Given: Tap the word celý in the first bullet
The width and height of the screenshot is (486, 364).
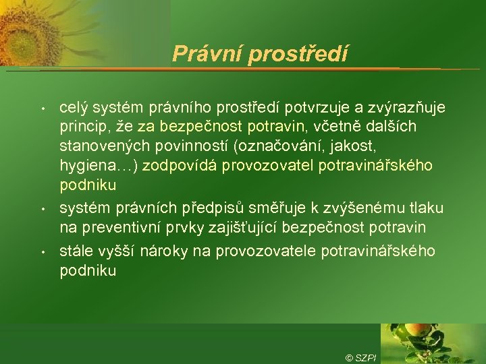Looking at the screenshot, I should point(74,109).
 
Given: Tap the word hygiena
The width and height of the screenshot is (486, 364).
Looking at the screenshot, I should point(86,165).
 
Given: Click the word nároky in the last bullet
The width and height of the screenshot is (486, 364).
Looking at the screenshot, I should point(180,251).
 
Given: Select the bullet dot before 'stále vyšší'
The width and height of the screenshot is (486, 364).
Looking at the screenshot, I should point(43,252).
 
